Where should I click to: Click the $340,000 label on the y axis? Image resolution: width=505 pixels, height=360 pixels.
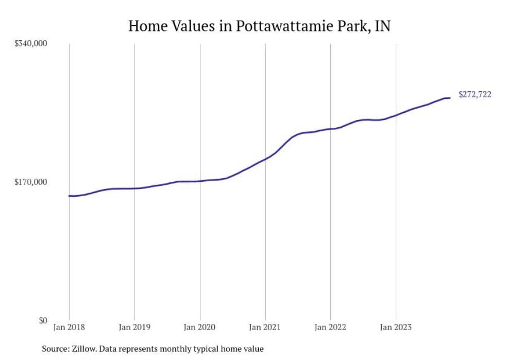click(30, 44)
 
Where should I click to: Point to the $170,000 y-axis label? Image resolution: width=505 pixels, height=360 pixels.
click(30, 182)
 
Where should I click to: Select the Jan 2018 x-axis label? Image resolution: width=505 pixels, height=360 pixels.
click(69, 327)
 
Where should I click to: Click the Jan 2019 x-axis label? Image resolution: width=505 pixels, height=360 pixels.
click(134, 327)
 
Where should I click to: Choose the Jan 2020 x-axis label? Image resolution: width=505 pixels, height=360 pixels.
click(200, 327)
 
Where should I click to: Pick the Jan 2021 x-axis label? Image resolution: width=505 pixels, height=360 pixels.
click(265, 327)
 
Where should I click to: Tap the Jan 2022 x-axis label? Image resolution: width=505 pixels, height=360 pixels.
click(330, 327)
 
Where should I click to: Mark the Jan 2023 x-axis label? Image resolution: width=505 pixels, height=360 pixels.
click(395, 327)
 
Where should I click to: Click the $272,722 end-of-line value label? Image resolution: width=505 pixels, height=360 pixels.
click(475, 94)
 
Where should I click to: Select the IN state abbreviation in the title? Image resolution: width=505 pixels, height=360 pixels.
click(382, 26)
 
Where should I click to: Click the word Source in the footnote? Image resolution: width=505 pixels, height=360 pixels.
click(55, 349)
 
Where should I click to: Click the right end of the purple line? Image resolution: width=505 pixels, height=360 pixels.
click(450, 98)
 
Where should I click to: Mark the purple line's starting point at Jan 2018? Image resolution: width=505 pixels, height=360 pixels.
click(69, 196)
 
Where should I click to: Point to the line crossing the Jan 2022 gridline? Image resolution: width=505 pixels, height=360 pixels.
click(330, 129)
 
